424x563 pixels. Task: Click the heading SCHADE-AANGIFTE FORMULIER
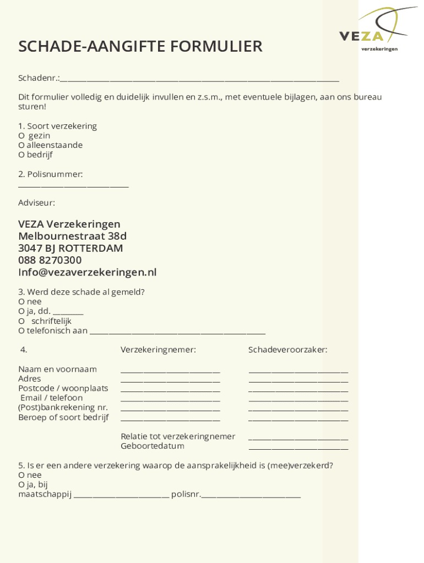(x=140, y=47)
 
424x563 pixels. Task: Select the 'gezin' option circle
(x=21, y=136)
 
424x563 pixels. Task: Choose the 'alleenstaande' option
(x=21, y=145)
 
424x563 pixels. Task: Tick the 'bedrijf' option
(x=21, y=155)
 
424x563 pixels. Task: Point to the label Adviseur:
(x=36, y=203)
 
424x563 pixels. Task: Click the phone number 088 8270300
(x=50, y=260)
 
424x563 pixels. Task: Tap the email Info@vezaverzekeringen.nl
(x=87, y=272)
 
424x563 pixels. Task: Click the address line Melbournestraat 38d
(x=72, y=236)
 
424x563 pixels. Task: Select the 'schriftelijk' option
(x=21, y=321)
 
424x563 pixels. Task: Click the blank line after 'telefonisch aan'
(x=177, y=332)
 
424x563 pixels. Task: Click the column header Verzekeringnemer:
(x=158, y=350)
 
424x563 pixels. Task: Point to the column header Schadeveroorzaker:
(x=287, y=350)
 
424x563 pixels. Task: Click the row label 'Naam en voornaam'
(x=57, y=369)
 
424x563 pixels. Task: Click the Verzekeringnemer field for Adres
(x=170, y=380)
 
